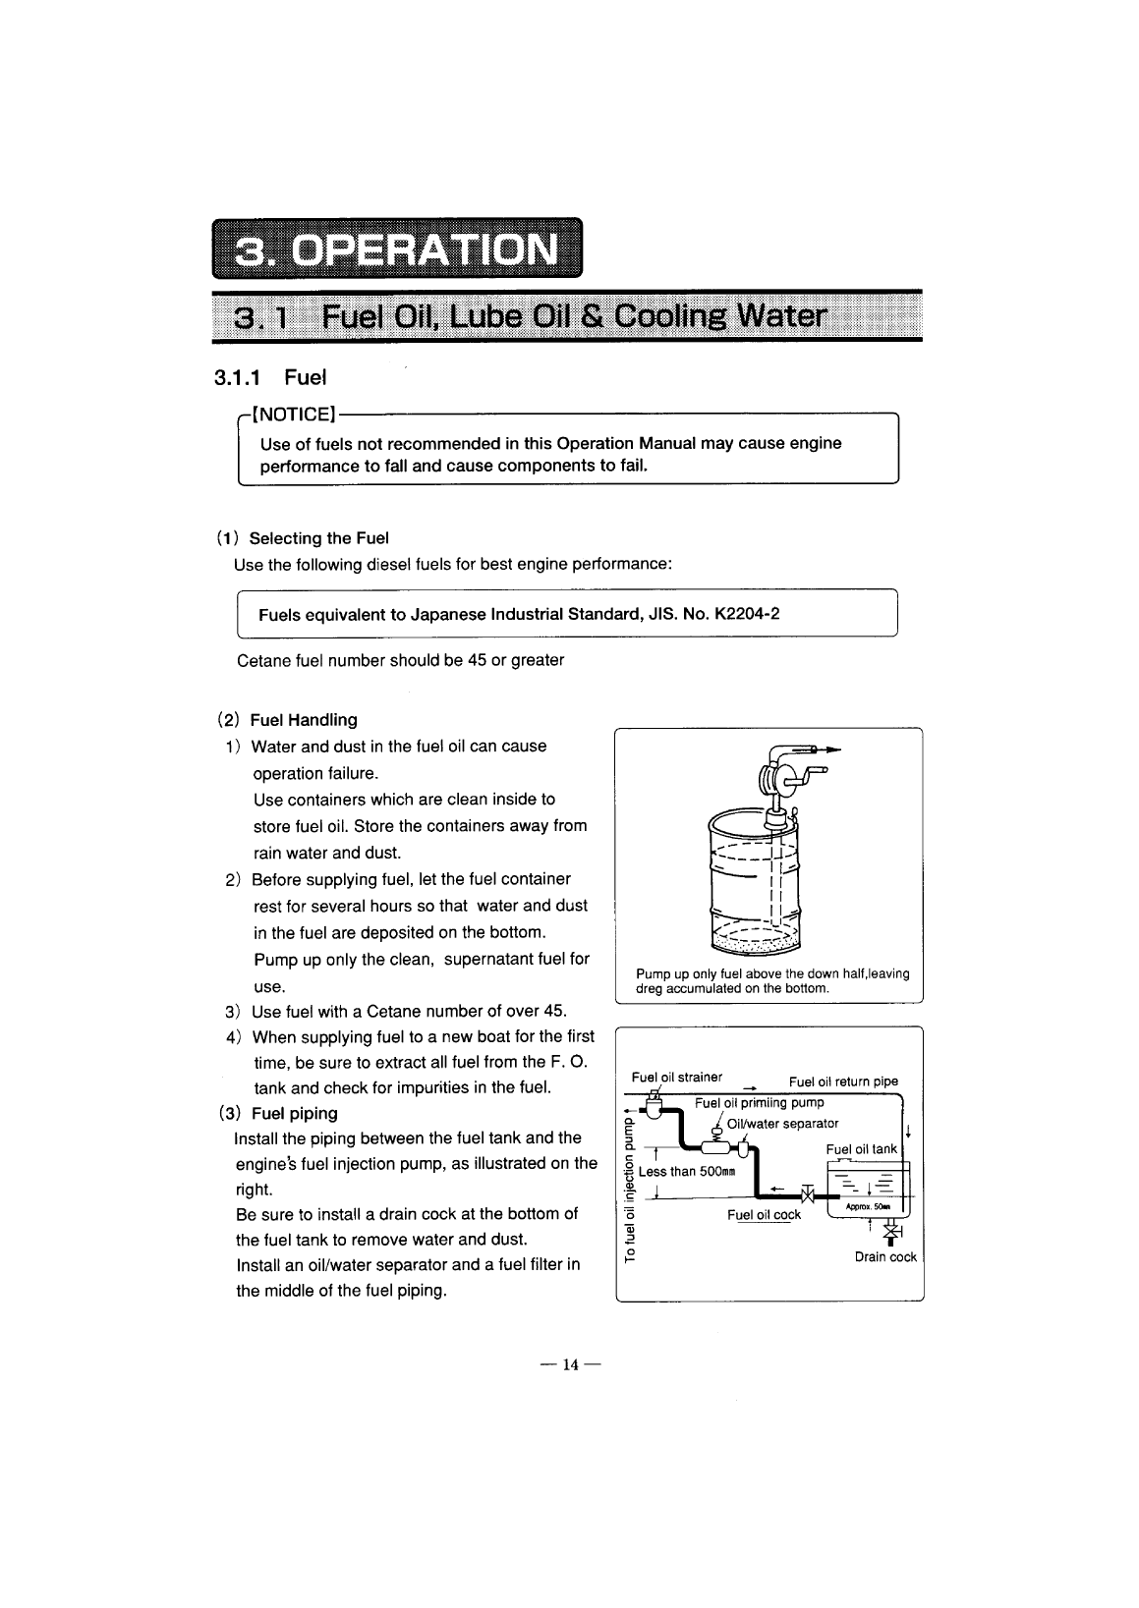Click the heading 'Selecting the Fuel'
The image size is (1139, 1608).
318,538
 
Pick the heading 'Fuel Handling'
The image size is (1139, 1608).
304,720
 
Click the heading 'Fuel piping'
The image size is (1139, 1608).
294,1113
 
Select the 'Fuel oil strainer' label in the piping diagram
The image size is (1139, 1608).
677,1077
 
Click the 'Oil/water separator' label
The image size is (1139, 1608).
782,1124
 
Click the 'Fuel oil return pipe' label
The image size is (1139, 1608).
843,1081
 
